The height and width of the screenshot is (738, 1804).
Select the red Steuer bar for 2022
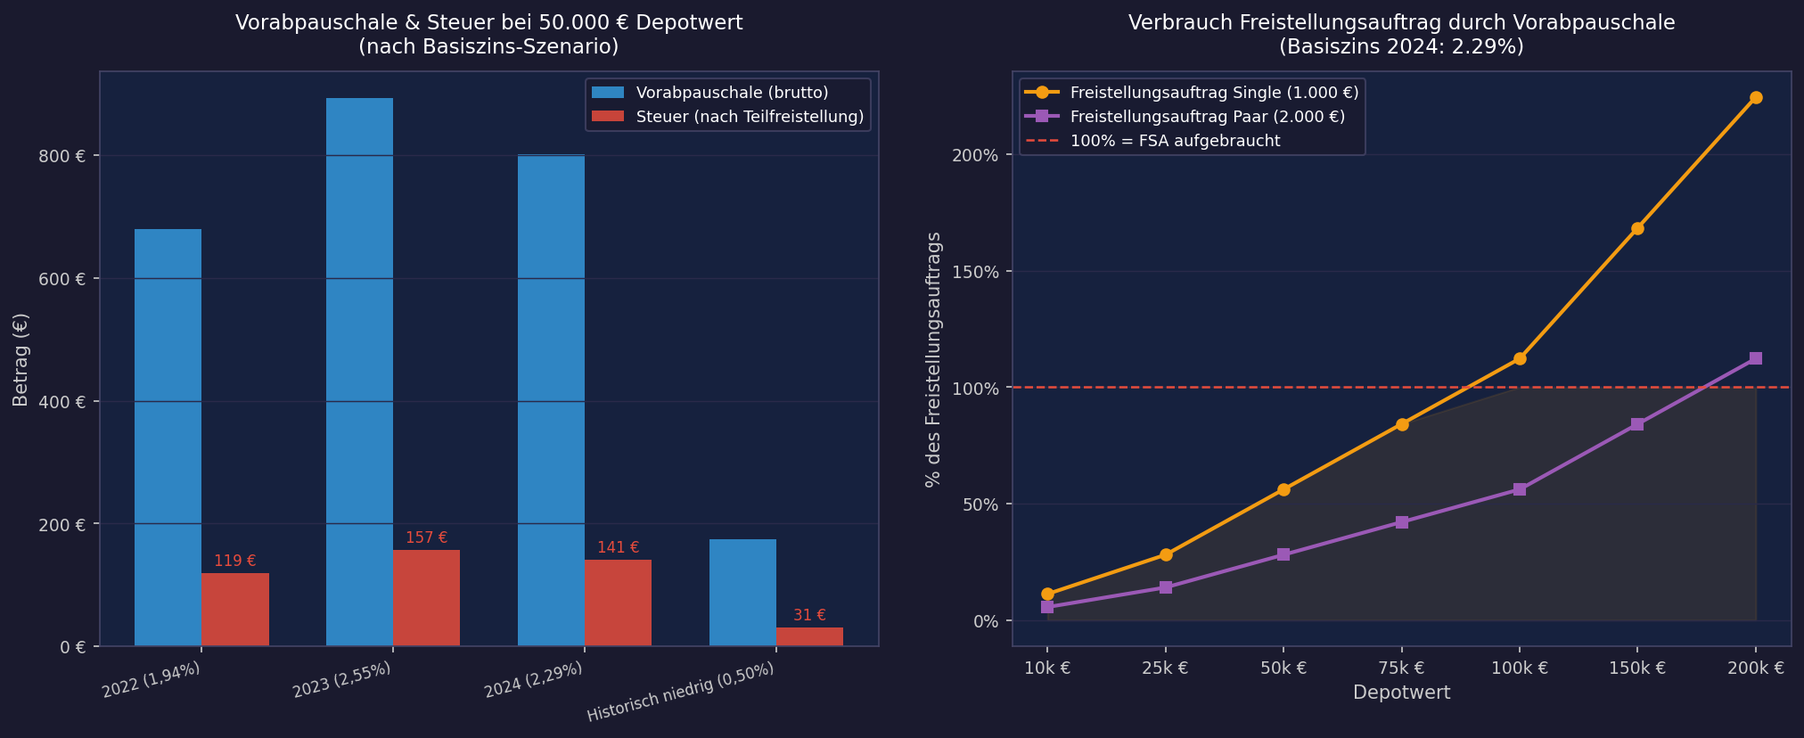(x=234, y=610)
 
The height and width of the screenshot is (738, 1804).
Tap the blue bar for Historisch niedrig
(x=742, y=593)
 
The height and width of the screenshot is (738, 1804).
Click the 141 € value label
(x=618, y=548)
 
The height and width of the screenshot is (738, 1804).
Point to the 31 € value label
(x=809, y=616)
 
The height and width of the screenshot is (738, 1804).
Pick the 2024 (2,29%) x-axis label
(x=534, y=681)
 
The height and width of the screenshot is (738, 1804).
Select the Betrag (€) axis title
(x=21, y=359)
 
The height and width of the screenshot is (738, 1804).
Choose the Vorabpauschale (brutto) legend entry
(x=731, y=93)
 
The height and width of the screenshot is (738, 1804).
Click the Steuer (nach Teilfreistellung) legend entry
(x=749, y=117)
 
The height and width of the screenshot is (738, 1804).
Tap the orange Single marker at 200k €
(x=1756, y=98)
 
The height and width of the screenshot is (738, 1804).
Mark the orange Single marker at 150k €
(x=1637, y=229)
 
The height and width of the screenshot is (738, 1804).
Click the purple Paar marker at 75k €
(x=1402, y=522)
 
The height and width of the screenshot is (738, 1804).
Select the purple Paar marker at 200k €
(x=1756, y=358)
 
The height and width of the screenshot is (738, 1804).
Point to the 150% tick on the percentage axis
(x=977, y=272)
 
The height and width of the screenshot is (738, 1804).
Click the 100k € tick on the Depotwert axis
(x=1519, y=668)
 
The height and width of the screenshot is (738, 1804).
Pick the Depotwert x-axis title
(x=1401, y=693)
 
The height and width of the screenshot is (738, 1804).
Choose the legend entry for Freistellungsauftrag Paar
(x=1207, y=117)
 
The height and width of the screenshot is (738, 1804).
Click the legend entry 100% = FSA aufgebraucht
(x=1175, y=141)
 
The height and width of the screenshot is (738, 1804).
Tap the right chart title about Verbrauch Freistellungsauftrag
(x=1401, y=35)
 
